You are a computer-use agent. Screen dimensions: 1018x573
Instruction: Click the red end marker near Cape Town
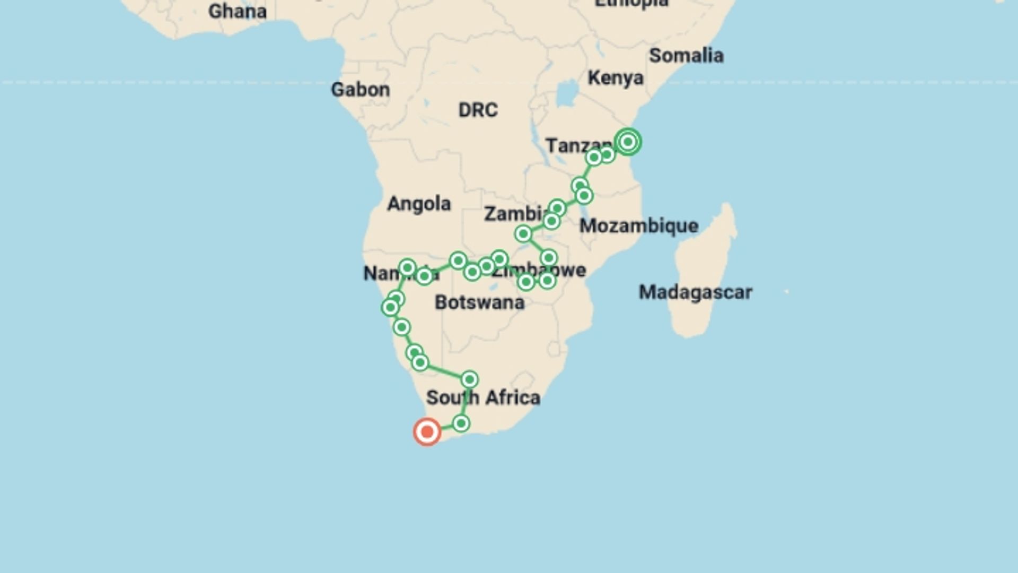coord(427,432)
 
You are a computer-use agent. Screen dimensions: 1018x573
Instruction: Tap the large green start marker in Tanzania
coord(628,142)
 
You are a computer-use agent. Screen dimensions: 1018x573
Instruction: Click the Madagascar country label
coord(695,292)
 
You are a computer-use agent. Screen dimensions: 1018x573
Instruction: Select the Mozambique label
coord(638,226)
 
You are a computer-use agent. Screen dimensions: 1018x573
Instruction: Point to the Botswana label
coord(479,302)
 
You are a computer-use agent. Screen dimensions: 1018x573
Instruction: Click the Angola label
coord(419,204)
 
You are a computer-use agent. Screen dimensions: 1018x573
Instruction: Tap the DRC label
coord(478,110)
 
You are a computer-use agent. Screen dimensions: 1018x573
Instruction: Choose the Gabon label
coord(360,90)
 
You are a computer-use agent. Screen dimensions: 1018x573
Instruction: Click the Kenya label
coord(615,78)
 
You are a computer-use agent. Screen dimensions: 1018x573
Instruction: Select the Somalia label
coord(686,56)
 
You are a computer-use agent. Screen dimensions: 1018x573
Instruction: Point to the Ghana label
coord(237,12)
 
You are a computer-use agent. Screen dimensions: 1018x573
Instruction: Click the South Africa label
coord(483,397)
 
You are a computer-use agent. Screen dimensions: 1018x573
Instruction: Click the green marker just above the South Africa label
coord(469,379)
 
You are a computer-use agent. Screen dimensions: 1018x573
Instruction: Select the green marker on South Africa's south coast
coord(461,423)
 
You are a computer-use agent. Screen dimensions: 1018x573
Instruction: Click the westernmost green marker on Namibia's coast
coord(390,307)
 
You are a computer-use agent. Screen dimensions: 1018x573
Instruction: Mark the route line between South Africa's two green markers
coord(466,402)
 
